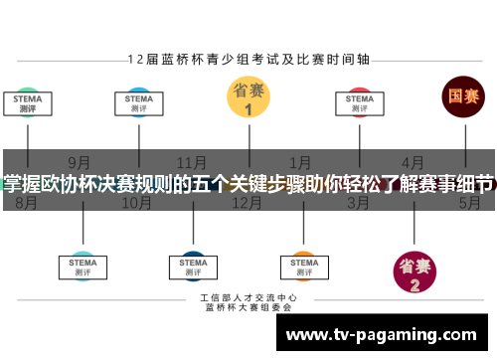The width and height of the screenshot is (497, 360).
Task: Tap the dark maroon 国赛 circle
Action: [x=462, y=97]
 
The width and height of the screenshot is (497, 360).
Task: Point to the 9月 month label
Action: [x=80, y=161]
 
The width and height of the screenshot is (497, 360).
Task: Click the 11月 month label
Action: [x=192, y=161]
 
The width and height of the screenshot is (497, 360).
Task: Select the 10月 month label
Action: [x=136, y=203]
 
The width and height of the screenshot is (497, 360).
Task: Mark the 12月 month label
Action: [x=246, y=203]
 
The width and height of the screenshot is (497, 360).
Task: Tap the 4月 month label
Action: [x=413, y=161]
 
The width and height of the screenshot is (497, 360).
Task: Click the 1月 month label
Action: [x=299, y=161]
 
